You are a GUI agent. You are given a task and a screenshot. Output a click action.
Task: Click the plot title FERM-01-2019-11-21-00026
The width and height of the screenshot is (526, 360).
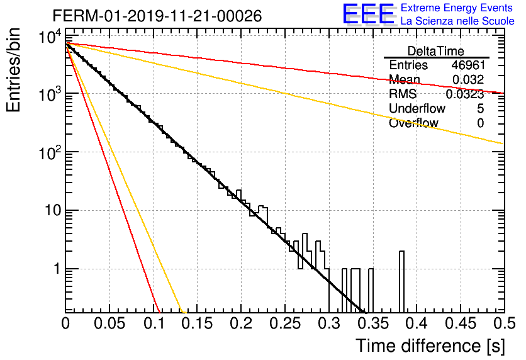[x=157, y=16]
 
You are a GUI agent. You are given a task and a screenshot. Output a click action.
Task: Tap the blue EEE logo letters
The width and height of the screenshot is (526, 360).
[x=368, y=14]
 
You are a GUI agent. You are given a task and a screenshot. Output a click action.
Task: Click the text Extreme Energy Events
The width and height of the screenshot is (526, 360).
[x=457, y=8]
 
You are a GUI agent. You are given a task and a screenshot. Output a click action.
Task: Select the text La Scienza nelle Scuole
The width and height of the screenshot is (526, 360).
[x=457, y=21]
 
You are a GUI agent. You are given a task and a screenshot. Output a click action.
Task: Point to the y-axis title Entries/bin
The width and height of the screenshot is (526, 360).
[x=13, y=70]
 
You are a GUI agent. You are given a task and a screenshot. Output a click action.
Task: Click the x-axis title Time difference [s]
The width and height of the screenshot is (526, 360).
[x=430, y=346]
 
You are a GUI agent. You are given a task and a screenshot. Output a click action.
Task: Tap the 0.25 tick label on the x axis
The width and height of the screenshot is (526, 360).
[x=286, y=323]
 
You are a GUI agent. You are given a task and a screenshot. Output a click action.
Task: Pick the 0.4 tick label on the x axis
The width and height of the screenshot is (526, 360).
[x=417, y=323]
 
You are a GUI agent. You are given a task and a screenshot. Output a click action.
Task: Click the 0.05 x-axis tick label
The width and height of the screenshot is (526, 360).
[x=109, y=323]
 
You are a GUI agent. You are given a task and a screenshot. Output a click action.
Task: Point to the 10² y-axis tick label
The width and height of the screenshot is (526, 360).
[x=50, y=153]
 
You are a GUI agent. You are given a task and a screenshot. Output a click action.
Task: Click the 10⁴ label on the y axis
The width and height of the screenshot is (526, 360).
[x=50, y=37]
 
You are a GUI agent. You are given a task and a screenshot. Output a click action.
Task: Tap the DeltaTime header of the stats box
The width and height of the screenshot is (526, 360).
[x=436, y=51]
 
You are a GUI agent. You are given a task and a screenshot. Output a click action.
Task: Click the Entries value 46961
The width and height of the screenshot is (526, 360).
[x=468, y=65]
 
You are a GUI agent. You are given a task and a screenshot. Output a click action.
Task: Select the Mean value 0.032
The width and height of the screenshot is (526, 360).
[x=468, y=79]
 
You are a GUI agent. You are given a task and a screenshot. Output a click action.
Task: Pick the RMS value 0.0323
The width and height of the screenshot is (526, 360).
[x=464, y=94]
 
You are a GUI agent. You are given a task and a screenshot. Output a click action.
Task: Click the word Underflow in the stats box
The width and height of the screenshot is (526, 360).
[x=417, y=108]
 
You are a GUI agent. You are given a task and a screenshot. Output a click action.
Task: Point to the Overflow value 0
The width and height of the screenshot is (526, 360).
[x=480, y=123]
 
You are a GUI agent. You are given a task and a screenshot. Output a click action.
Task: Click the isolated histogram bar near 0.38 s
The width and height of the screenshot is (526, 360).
[x=401, y=282]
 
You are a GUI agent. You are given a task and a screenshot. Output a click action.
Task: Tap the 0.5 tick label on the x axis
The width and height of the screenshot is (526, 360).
[x=505, y=323]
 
